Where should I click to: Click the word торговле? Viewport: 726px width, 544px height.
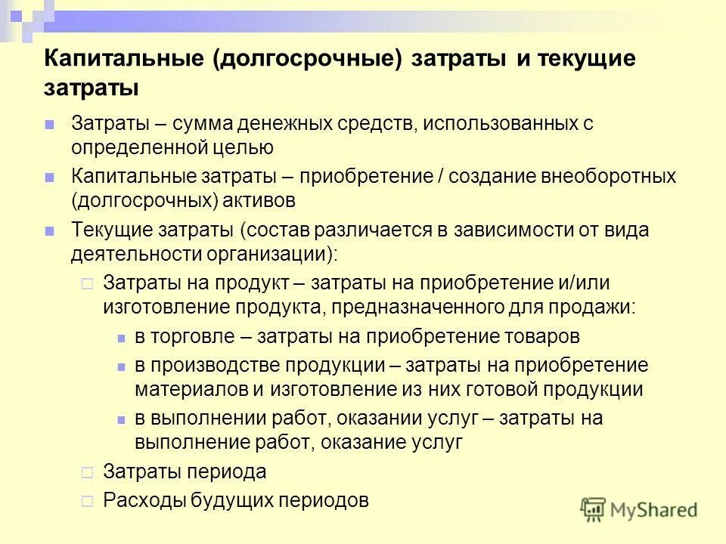pyautogui.click(x=196, y=336)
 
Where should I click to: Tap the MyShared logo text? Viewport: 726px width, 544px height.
pyautogui.click(x=653, y=510)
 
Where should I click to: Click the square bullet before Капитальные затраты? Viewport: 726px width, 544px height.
pyautogui.click(x=50, y=177)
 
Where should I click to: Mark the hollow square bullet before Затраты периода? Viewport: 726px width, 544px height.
pyautogui.click(x=86, y=473)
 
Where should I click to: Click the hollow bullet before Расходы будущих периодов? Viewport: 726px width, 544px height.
pyautogui.click(x=86, y=499)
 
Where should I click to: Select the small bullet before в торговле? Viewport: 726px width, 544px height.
pyautogui.click(x=121, y=337)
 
